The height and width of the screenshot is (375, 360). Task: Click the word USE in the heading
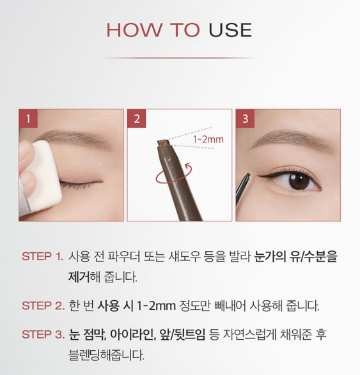[230, 30]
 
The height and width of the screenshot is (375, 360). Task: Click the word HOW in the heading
[134, 30]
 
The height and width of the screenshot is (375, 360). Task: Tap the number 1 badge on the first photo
[28, 119]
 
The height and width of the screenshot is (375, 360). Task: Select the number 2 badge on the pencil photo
[137, 119]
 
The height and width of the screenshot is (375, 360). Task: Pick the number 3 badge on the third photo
[246, 119]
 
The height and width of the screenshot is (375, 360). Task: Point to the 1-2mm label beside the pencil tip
[208, 139]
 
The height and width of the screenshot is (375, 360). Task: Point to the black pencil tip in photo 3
[248, 176]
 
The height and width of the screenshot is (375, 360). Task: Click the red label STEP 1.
[42, 257]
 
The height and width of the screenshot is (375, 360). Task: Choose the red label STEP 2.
[43, 306]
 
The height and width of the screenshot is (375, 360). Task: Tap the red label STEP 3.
[43, 335]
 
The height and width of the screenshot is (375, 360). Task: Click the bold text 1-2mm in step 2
[156, 306]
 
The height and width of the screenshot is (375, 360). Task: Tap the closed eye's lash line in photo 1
[81, 183]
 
